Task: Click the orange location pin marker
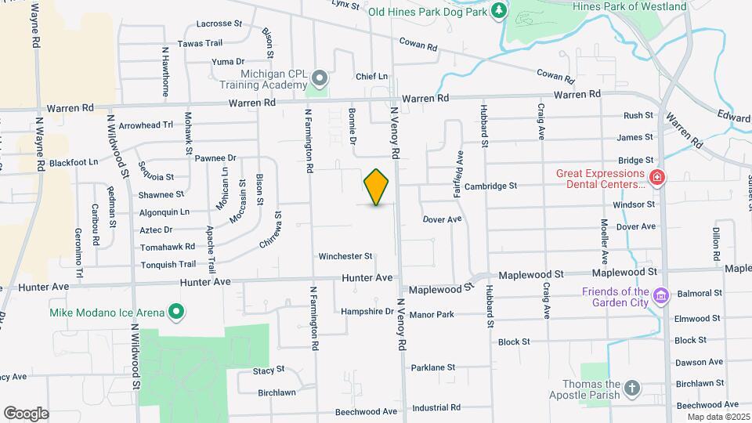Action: (x=377, y=186)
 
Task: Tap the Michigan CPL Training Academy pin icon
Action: (x=320, y=78)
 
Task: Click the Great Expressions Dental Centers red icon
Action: (x=656, y=178)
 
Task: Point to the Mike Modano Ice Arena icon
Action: (x=177, y=313)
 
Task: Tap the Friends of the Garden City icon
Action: (x=660, y=297)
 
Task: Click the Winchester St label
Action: (x=345, y=256)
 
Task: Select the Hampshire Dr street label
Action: (x=367, y=311)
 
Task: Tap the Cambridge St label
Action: (x=490, y=186)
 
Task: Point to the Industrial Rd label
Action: (x=436, y=407)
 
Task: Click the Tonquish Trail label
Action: (x=168, y=264)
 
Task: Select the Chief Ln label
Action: (x=371, y=77)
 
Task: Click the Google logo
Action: (x=26, y=413)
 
